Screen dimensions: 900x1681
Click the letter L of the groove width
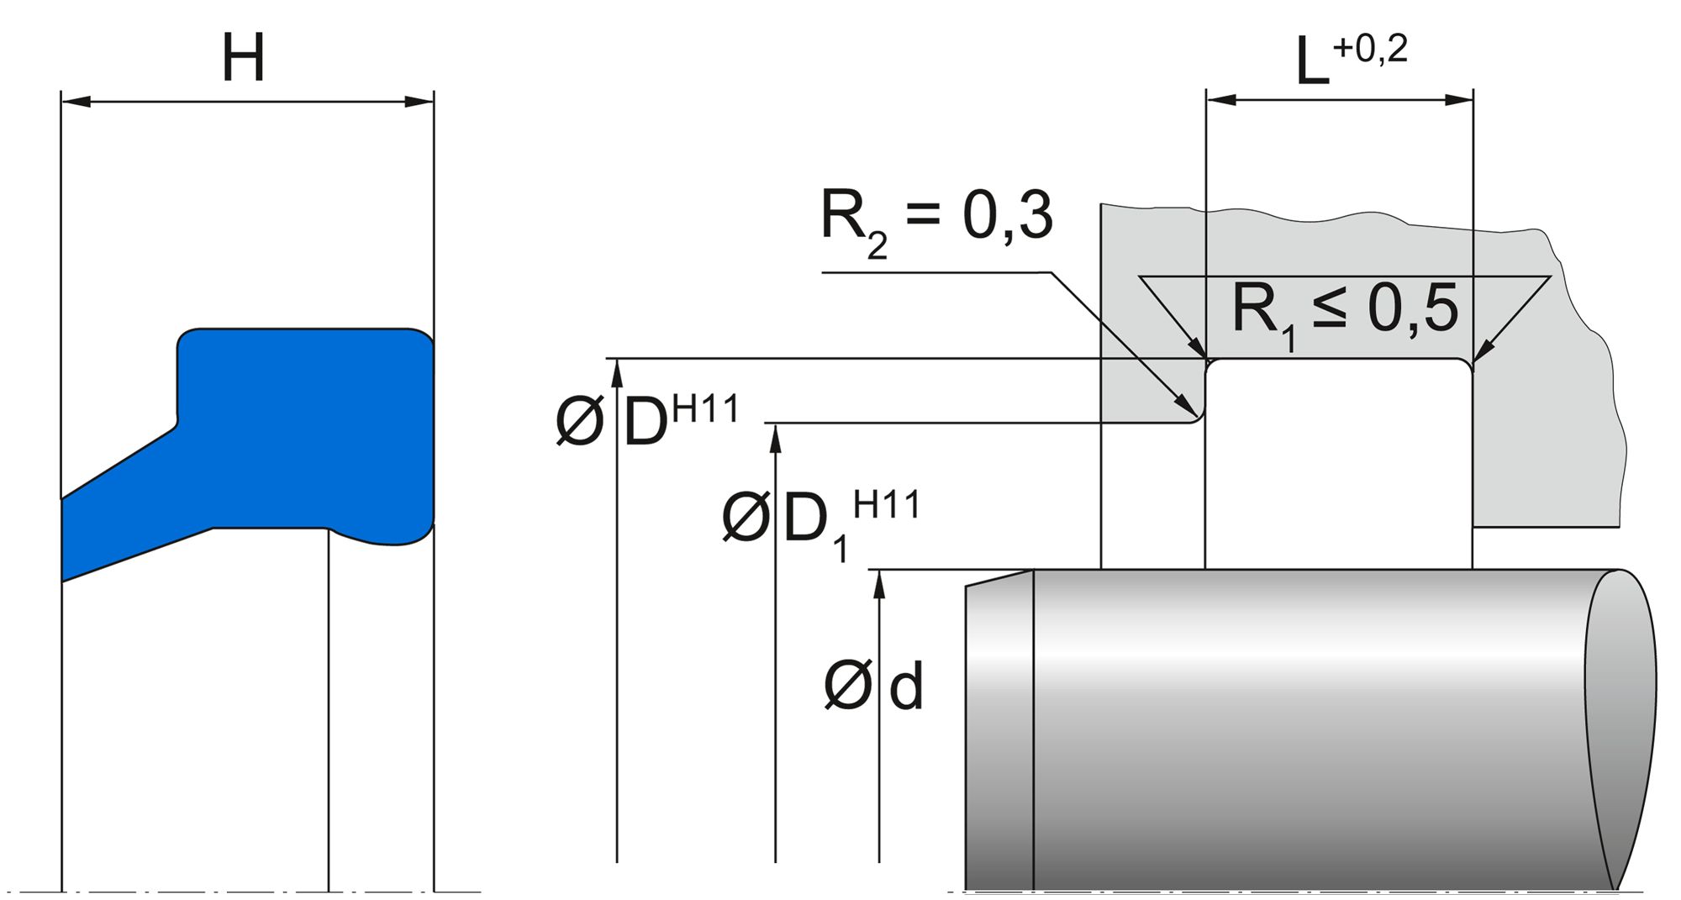1312,63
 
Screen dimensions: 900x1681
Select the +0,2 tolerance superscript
1369,49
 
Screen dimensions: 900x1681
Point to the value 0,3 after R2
1007,215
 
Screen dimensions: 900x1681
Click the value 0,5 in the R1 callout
1413,309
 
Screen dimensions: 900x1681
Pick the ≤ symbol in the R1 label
1329,307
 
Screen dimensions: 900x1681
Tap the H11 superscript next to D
705,409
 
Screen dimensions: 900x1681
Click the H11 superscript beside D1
886,505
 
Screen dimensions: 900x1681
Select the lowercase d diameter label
906,687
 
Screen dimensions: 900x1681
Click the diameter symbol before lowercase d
847,686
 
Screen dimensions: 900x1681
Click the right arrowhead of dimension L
1459,99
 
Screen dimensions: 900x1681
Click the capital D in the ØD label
646,423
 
